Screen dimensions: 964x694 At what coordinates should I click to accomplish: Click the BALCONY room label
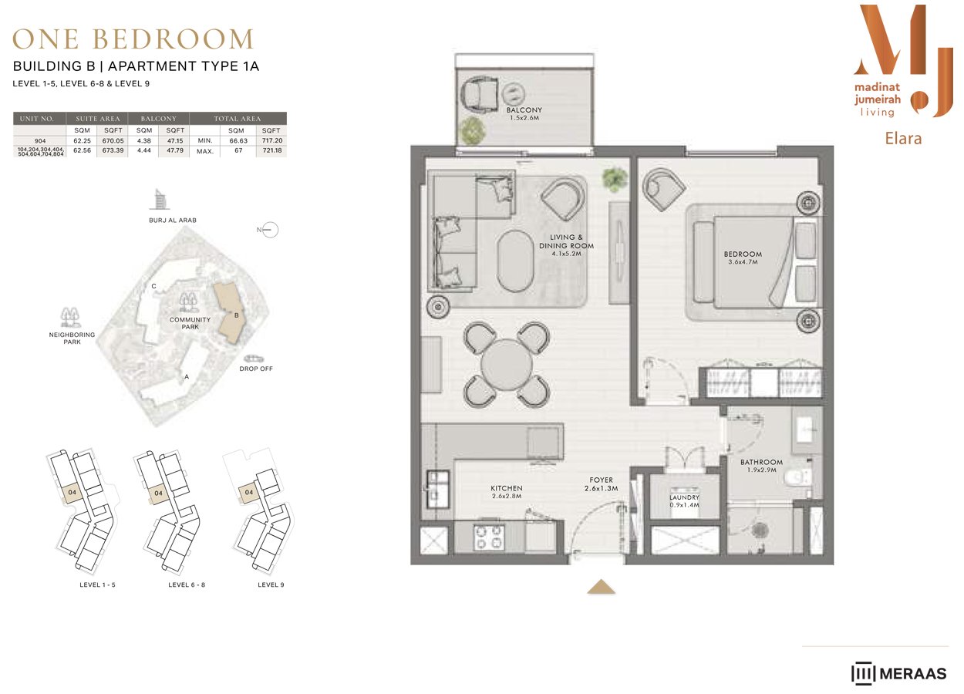click(524, 110)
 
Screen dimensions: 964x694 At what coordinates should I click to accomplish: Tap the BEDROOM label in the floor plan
click(743, 254)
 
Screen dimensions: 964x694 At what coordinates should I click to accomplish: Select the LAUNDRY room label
click(684, 497)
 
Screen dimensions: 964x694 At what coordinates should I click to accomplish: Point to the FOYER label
click(602, 480)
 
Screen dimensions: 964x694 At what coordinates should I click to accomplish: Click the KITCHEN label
click(507, 488)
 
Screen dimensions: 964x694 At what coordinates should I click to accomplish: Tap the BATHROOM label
click(761, 462)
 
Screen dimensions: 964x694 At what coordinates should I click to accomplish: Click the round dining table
click(507, 365)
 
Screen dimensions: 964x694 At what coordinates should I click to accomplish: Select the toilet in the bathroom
click(797, 477)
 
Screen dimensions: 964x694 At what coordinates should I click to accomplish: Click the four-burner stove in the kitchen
click(489, 537)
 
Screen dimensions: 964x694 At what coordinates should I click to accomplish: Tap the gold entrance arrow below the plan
click(602, 587)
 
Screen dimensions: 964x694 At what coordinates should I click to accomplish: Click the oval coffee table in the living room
click(516, 261)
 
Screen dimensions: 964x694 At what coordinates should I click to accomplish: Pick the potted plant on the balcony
click(472, 130)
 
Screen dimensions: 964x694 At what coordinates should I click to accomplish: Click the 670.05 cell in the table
click(113, 140)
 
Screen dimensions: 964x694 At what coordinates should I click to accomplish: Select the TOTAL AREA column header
click(238, 118)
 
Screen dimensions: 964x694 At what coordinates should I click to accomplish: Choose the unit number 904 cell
click(40, 140)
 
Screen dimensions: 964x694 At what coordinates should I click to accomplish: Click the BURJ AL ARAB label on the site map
click(173, 221)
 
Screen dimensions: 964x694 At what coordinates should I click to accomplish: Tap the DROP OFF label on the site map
click(256, 369)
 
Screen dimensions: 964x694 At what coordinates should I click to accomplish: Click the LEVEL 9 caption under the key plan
click(271, 585)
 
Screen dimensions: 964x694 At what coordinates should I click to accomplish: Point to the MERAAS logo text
click(913, 673)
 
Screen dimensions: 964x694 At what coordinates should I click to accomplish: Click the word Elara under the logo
click(903, 139)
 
